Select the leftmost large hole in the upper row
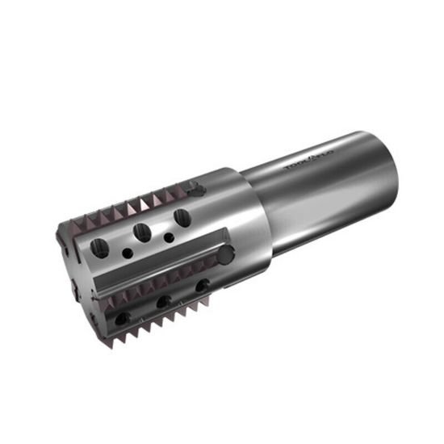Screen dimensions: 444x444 (x=99, y=248)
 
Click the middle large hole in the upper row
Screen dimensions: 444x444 (x=142, y=232)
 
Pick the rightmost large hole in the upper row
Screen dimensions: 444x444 (x=182, y=217)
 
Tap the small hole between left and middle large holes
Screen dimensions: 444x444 (x=128, y=253)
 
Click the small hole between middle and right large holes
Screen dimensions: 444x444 (x=168, y=238)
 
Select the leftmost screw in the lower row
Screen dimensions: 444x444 (x=121, y=319)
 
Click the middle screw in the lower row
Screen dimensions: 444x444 (x=163, y=302)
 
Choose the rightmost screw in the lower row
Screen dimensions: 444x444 (x=202, y=285)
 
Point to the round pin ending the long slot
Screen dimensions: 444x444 (x=224, y=254)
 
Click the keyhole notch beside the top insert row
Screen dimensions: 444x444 (x=195, y=189)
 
